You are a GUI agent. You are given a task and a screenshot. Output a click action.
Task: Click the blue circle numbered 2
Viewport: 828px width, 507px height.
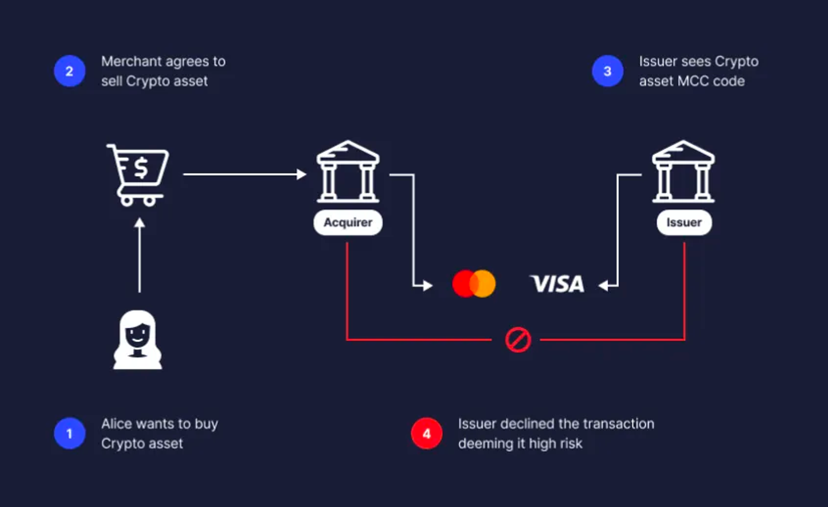point(70,71)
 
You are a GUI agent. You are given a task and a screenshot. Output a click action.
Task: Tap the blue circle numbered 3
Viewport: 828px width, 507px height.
point(608,71)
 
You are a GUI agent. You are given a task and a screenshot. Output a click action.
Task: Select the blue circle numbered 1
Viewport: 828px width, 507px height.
point(70,433)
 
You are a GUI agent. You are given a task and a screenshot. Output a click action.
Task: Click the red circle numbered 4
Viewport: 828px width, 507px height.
point(427,433)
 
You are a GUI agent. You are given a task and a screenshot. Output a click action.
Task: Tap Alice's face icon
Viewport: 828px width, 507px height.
point(137,340)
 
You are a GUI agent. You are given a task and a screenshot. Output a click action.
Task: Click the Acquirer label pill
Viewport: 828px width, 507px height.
point(348,222)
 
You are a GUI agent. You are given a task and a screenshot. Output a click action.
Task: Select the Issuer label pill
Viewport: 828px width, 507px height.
point(684,222)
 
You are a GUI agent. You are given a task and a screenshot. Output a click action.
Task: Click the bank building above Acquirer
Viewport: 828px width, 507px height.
point(348,171)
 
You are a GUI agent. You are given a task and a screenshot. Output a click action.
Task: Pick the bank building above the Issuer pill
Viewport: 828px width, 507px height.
point(684,171)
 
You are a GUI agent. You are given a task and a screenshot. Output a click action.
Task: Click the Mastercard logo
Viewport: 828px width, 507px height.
point(474,284)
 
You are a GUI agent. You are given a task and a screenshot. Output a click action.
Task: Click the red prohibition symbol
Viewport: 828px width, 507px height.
point(518,340)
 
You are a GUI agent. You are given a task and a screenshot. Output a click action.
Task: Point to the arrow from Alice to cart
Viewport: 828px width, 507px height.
point(140,255)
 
